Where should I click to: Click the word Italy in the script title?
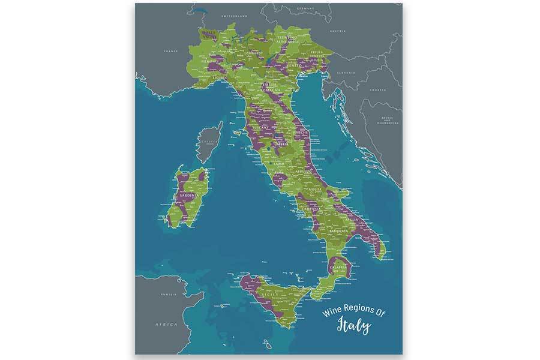[353, 327]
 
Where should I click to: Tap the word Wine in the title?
[333, 313]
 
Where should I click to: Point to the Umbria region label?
[280, 145]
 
